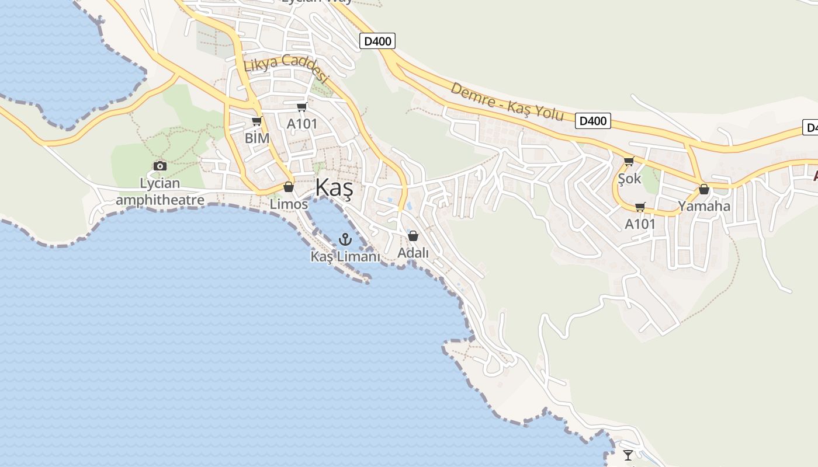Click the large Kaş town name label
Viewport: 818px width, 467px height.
[x=334, y=189]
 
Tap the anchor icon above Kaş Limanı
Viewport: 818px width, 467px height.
[x=345, y=239]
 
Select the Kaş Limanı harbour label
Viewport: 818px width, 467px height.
[x=345, y=256]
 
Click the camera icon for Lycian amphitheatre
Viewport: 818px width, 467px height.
[x=160, y=166]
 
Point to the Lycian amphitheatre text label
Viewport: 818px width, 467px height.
[x=160, y=192]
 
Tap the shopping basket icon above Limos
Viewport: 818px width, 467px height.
[x=288, y=187]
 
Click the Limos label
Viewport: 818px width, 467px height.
[x=289, y=204]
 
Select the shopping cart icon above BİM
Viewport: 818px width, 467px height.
[x=257, y=121]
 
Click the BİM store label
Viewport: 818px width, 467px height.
[x=257, y=138]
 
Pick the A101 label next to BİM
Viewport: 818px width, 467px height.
[x=302, y=124]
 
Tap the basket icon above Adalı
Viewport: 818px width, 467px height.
[x=413, y=236]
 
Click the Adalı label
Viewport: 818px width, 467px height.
[x=413, y=253]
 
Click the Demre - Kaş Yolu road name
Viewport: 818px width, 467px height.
[x=507, y=102]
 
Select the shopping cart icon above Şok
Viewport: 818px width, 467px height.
[x=629, y=162]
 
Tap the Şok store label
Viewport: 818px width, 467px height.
[x=629, y=179]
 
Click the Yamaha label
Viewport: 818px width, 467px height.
[x=704, y=206]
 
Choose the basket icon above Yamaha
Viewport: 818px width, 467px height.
[x=704, y=189]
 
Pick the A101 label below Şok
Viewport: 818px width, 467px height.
[x=640, y=224]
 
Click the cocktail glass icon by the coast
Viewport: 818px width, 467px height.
[x=628, y=455]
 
